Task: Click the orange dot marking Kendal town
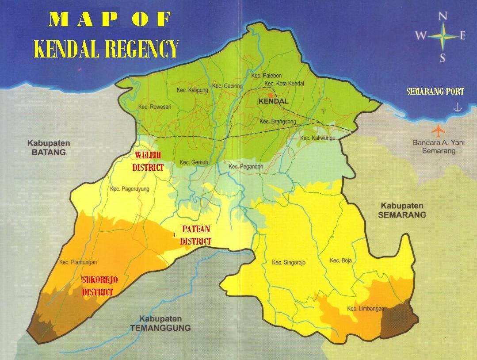(271, 95)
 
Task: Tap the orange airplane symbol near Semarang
(438, 131)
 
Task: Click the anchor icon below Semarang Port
(458, 107)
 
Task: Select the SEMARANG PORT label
(435, 92)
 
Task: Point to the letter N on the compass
(442, 17)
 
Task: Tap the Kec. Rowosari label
(155, 107)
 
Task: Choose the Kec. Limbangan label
(365, 309)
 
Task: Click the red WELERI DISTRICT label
(148, 161)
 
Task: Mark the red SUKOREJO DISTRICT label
(100, 286)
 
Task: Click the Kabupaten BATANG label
(49, 148)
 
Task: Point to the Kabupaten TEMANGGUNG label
(160, 323)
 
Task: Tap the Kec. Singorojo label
(289, 262)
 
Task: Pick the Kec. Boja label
(341, 260)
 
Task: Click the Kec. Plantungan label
(78, 262)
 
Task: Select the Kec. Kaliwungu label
(318, 138)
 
